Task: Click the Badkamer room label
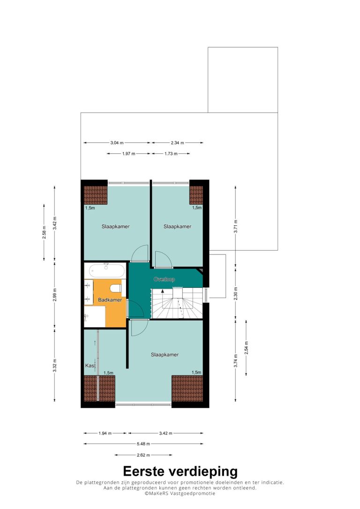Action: tap(110, 300)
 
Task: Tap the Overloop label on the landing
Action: tap(164, 279)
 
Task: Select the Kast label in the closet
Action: tap(90, 366)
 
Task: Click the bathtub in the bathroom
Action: tap(107, 270)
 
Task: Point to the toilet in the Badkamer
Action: tap(116, 288)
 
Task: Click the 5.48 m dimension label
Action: tap(143, 444)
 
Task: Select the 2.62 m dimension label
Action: tap(143, 455)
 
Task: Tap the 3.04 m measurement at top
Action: tap(117, 142)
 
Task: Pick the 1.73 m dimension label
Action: tap(171, 154)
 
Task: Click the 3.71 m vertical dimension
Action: tap(236, 226)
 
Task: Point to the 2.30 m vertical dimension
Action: tap(236, 293)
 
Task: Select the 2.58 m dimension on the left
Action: tap(44, 232)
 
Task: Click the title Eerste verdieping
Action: tap(180, 471)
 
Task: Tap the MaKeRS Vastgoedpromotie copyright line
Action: tap(180, 494)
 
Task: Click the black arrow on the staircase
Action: tap(163, 291)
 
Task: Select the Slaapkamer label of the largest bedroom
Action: tap(165, 355)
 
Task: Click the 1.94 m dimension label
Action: tap(105, 433)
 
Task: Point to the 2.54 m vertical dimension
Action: tap(247, 348)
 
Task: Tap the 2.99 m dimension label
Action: tap(54, 295)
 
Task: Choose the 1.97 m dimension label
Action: tap(129, 154)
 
